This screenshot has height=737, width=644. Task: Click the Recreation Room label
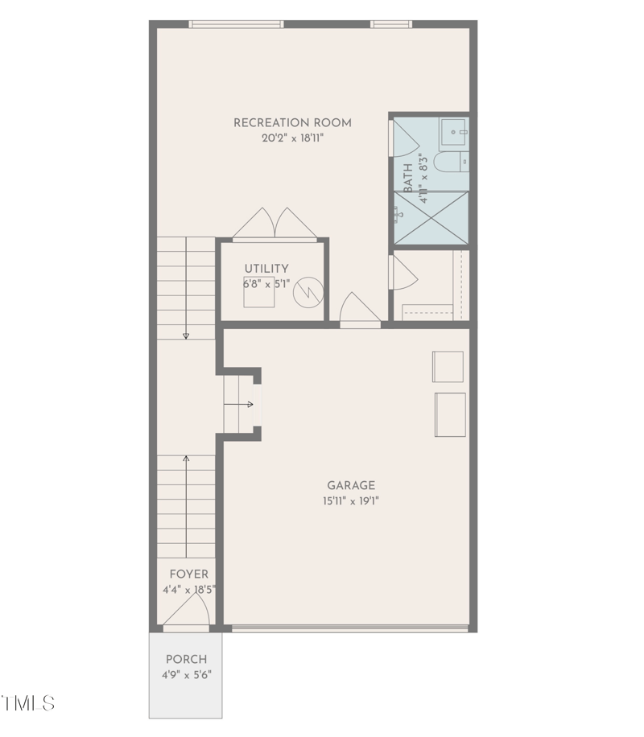(292, 123)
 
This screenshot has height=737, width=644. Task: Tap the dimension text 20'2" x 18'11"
(292, 138)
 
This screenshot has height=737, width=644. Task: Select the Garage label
(351, 485)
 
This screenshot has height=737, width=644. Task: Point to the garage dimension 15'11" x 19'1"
(351, 501)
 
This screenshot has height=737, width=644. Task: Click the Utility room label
(266, 269)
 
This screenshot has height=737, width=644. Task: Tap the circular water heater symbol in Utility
(307, 291)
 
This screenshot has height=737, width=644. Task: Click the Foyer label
(188, 574)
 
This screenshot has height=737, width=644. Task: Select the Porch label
(186, 660)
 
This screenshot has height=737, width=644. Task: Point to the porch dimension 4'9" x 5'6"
(186, 675)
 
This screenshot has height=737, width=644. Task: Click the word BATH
(408, 177)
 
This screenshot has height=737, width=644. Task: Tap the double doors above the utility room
(275, 224)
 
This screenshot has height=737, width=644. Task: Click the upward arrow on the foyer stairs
(186, 461)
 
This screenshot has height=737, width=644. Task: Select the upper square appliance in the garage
(448, 366)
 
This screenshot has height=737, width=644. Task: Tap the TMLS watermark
(29, 703)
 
